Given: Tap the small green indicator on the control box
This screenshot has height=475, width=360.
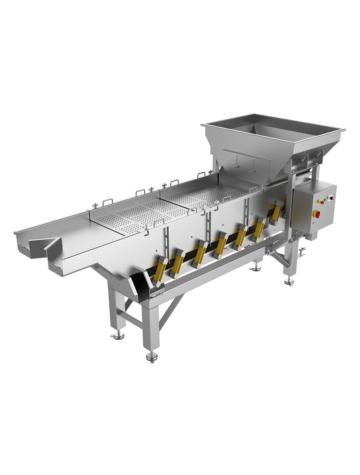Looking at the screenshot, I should [326, 199].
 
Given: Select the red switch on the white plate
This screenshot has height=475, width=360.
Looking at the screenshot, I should [331, 198].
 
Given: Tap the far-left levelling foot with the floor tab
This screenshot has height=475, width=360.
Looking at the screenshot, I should [117, 336].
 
